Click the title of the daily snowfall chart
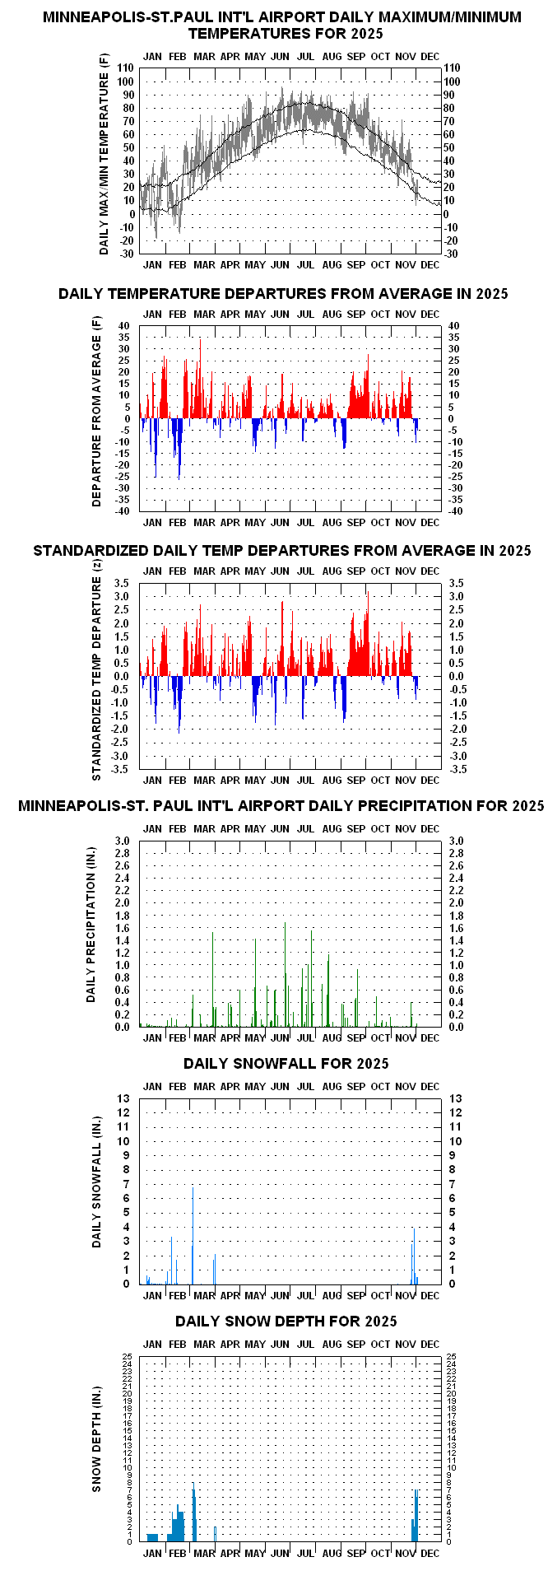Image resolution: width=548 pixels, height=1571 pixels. [286, 1063]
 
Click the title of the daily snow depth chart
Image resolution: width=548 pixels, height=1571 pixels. [286, 1321]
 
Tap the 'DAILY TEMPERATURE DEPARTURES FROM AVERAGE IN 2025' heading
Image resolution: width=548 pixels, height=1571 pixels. [283, 293]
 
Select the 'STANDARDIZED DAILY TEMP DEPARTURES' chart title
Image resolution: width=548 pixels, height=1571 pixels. [282, 550]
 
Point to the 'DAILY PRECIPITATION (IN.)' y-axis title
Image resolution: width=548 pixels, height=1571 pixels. [91, 925]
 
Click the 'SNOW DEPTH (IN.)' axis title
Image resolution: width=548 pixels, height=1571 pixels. [96, 1448]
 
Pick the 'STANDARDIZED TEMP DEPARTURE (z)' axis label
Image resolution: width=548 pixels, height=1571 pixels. [96, 678]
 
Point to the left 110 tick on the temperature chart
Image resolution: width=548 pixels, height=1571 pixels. [126, 68]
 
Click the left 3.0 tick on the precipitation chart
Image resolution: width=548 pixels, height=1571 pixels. [123, 841]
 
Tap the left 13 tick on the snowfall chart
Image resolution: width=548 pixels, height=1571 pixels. [124, 1098]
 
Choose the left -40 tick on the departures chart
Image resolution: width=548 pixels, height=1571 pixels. [123, 511]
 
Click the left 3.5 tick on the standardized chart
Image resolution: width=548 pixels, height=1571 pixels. [123, 583]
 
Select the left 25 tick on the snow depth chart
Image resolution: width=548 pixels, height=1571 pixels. [128, 1356]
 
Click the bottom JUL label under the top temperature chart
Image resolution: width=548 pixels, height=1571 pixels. [305, 264]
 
